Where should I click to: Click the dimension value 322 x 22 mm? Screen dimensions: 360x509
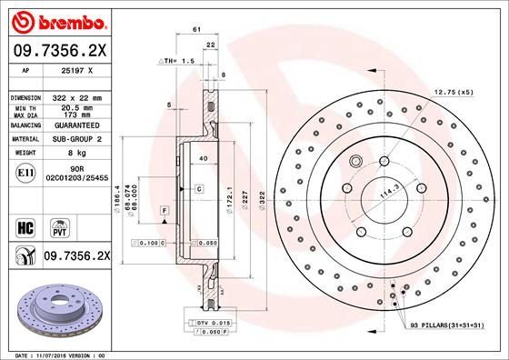89,96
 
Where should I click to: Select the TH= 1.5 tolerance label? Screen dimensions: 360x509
178,61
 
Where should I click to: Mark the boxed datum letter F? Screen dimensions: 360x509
165,210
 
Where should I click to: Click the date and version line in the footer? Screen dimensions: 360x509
61,353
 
